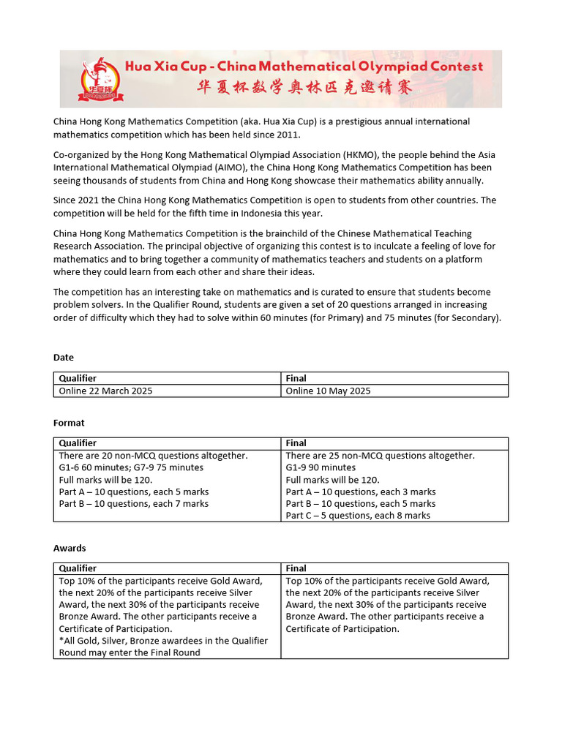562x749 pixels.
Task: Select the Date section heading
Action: click(x=64, y=358)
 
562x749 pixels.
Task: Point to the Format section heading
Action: click(x=69, y=423)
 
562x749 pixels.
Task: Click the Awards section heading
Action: click(x=70, y=548)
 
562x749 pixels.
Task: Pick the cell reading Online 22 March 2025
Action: click(x=106, y=391)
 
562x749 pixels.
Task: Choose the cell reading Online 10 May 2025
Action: click(x=328, y=391)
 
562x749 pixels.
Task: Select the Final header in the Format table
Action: click(x=296, y=443)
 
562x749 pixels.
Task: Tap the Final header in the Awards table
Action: click(x=296, y=568)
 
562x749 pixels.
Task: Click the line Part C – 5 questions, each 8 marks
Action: click(x=358, y=515)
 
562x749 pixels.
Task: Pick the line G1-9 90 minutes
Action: click(x=321, y=467)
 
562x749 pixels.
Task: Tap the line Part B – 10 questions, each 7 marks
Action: click(x=133, y=503)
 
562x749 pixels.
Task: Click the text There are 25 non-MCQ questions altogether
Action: click(x=380, y=455)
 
